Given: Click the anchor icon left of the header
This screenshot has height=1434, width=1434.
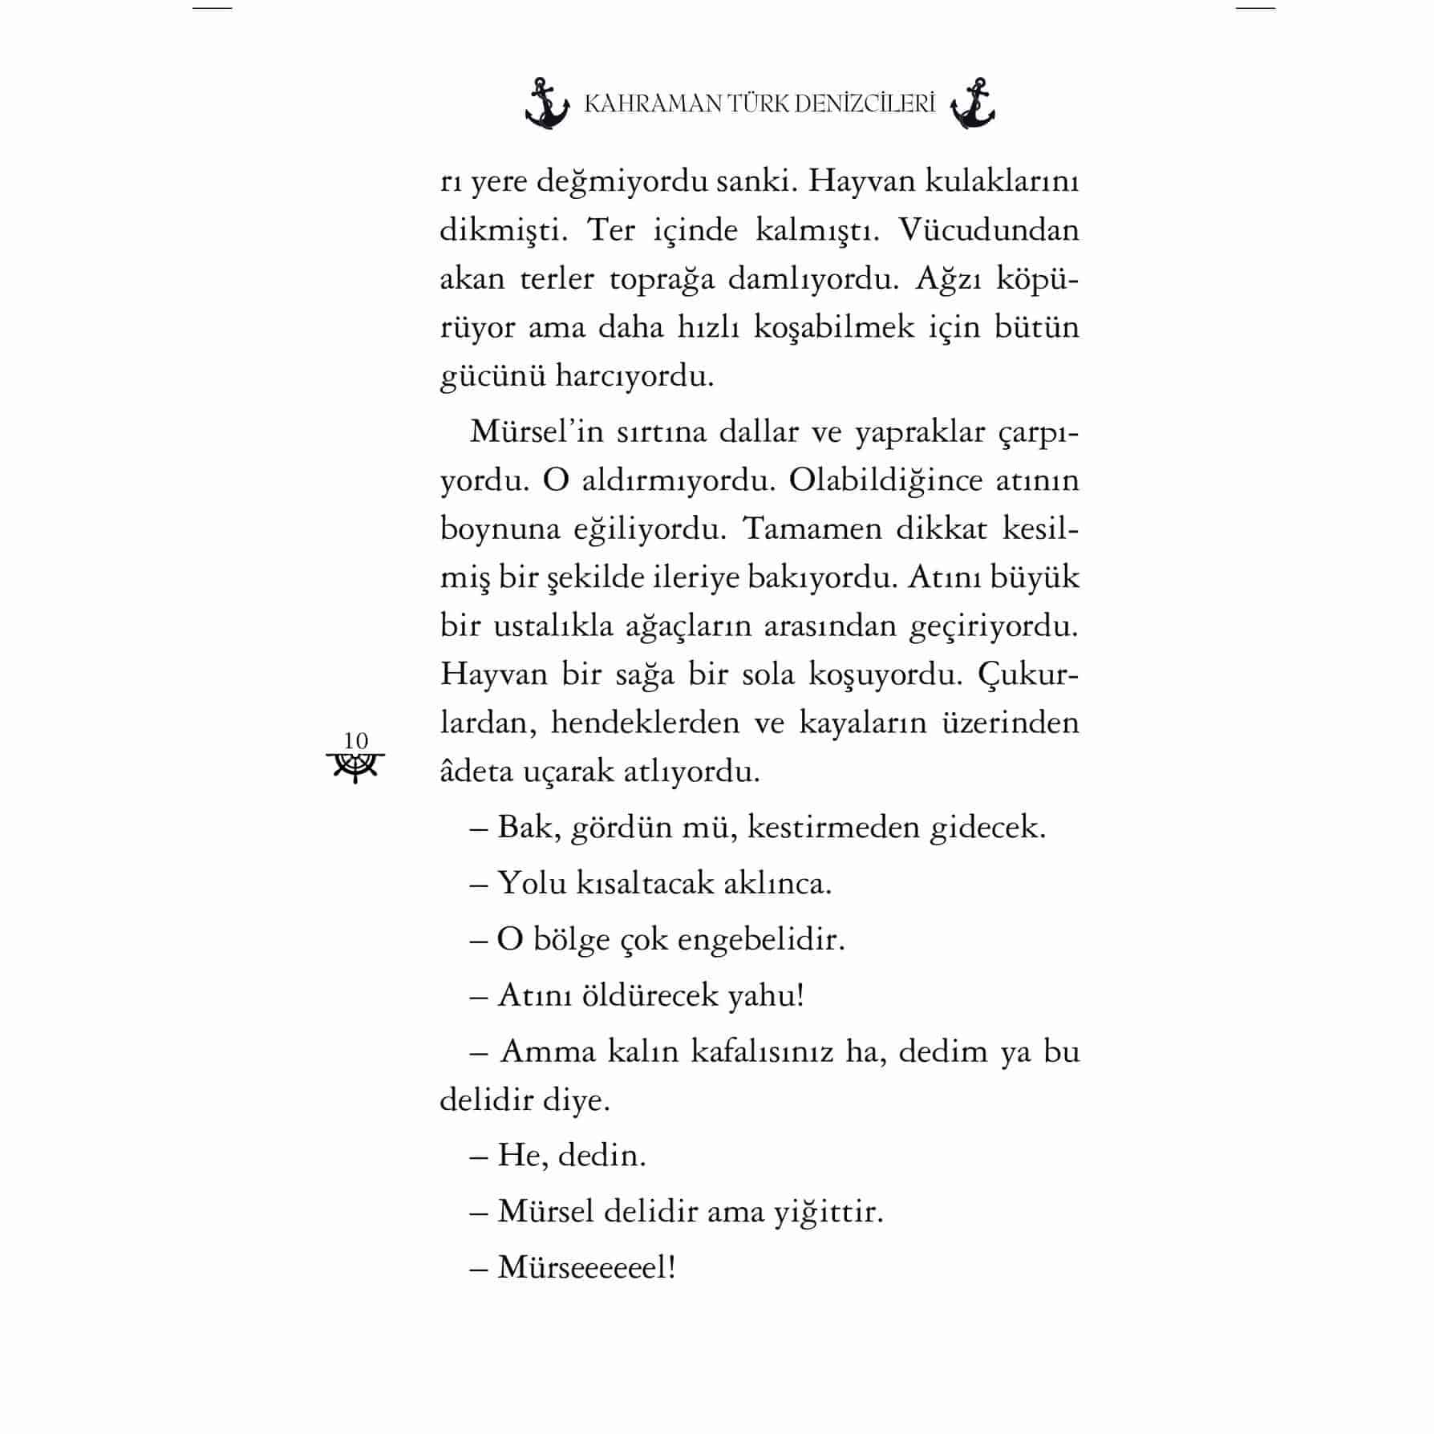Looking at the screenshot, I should click(547, 104).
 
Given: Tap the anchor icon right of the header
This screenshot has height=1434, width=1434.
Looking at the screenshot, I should click(972, 104).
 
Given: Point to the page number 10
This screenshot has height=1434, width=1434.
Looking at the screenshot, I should click(355, 740).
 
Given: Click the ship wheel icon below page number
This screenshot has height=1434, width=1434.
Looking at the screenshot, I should click(355, 767).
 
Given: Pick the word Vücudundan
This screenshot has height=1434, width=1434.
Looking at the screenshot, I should click(988, 231).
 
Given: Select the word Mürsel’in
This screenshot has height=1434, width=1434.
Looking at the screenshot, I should click(536, 431).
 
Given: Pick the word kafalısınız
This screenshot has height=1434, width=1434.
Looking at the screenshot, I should click(762, 1051).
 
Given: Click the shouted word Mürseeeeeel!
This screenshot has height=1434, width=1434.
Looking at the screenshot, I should click(586, 1268).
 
